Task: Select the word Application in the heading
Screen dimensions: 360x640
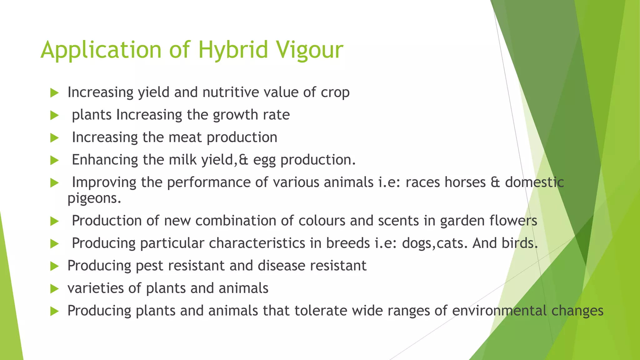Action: (x=101, y=50)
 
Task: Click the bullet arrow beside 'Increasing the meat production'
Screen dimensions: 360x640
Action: (x=54, y=138)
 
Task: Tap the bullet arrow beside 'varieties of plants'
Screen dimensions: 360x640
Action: (x=54, y=289)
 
